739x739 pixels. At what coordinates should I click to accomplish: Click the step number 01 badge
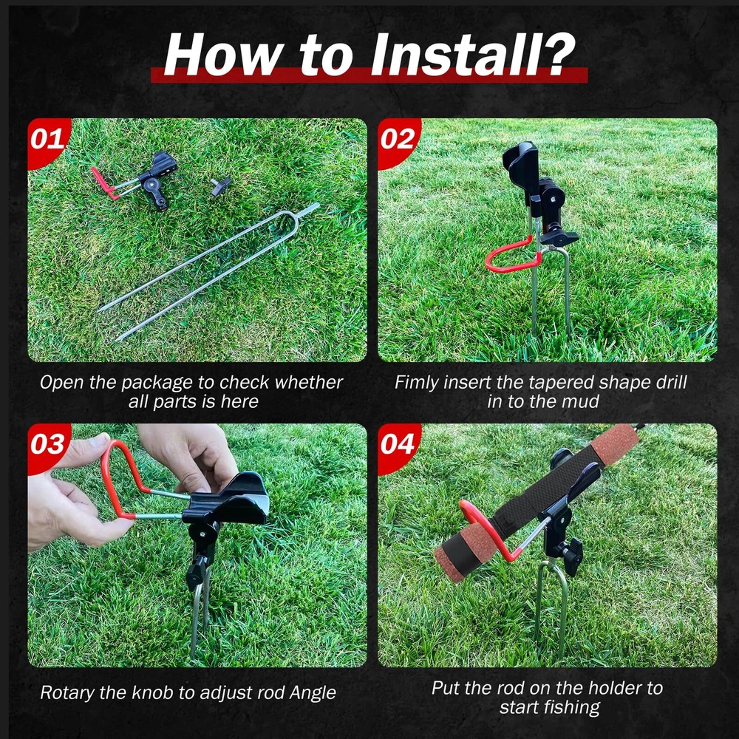click(x=47, y=140)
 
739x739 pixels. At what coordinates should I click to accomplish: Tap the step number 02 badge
click(x=398, y=140)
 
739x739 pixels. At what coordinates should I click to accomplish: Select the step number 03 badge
click(x=47, y=445)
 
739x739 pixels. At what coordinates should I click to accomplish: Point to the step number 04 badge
click(x=398, y=445)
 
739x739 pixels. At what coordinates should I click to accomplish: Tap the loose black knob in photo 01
click(x=221, y=185)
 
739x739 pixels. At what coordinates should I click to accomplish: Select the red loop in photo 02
click(x=513, y=255)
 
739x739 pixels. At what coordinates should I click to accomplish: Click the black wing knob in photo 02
click(x=559, y=237)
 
